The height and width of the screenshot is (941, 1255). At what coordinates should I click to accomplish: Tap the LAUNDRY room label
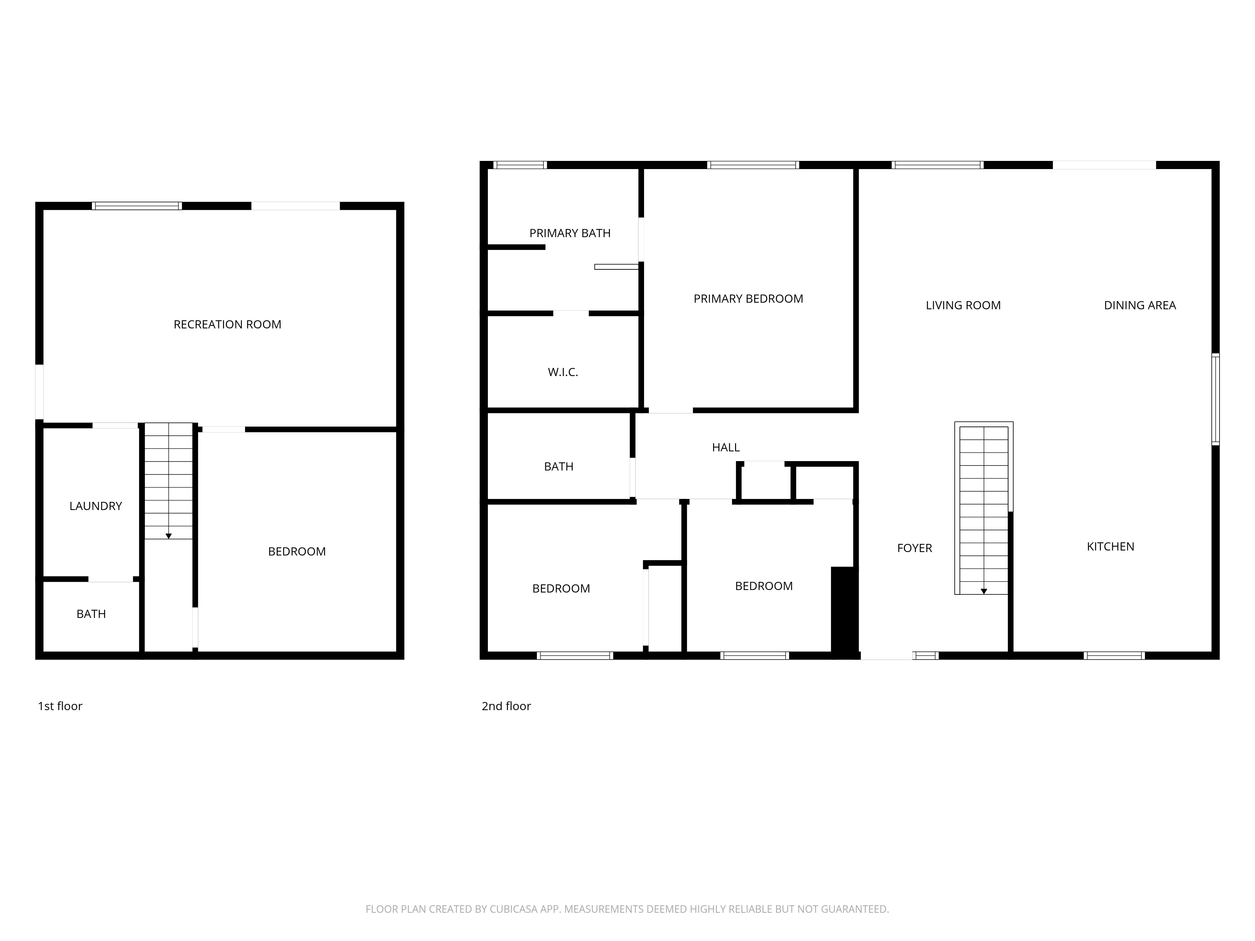(95, 506)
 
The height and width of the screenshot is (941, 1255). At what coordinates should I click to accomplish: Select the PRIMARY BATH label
(570, 233)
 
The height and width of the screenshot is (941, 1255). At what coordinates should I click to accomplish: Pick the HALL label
(726, 448)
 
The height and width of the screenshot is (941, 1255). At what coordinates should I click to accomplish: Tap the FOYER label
(914, 548)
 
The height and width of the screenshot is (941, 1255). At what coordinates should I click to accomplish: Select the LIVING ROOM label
(963, 305)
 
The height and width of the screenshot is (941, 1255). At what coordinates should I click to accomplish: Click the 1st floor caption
(60, 706)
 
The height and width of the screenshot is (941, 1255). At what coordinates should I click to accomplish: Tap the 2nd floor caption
(506, 706)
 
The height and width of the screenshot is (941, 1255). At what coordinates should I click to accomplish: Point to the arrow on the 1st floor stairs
(168, 535)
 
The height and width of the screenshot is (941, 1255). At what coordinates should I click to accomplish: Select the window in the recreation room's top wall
(137, 206)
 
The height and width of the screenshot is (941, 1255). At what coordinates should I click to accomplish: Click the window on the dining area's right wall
(1215, 399)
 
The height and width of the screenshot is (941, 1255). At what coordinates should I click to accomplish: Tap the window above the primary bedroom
(753, 165)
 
